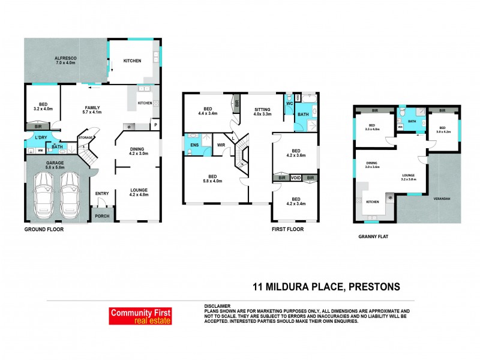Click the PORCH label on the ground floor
(x=102, y=217)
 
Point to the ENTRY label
(x=102, y=193)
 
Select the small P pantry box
(x=155, y=125)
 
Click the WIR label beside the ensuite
(x=220, y=145)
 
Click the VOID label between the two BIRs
(x=295, y=178)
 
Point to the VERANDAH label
(x=442, y=199)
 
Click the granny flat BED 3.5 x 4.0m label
(x=372, y=128)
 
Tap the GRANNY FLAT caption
(x=373, y=236)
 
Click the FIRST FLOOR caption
(x=289, y=229)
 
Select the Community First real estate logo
(x=140, y=316)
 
